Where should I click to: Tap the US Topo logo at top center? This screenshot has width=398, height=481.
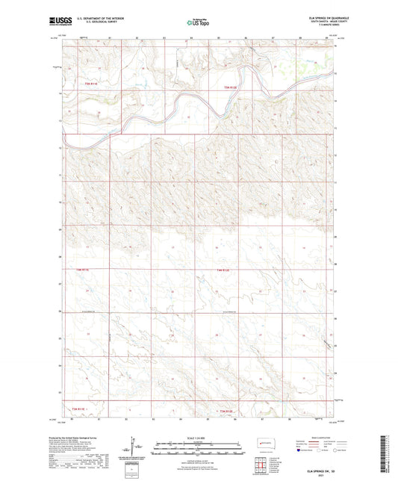[198, 23]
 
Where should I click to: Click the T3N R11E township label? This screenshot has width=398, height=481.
[79, 411]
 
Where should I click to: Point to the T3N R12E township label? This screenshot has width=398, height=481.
[226, 411]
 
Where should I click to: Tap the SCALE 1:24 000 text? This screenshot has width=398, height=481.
[198, 437]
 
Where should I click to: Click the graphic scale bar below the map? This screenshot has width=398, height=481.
[198, 448]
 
